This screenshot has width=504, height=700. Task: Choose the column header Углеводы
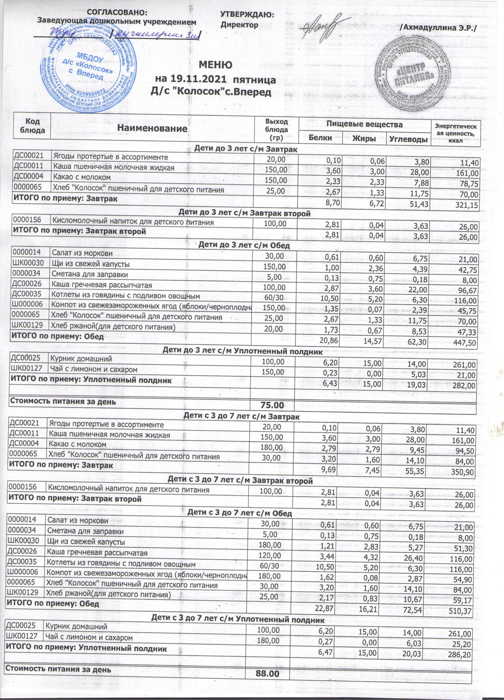point(409,139)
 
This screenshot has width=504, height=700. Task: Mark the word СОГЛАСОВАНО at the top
point(117,13)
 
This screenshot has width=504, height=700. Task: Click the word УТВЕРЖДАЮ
point(247,15)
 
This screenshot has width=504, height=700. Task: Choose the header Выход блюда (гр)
point(276,129)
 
